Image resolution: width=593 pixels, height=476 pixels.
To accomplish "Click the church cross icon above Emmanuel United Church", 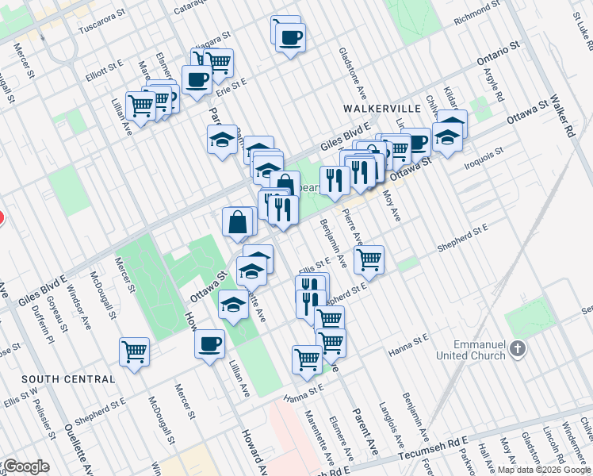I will (517, 349).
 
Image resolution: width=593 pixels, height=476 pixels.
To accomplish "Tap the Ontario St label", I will (497, 55).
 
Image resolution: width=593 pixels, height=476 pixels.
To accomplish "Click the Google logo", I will (25, 466).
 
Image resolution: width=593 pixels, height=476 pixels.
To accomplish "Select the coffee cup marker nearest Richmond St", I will (291, 36).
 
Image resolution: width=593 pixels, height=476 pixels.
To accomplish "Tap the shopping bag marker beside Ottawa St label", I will (239, 221).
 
